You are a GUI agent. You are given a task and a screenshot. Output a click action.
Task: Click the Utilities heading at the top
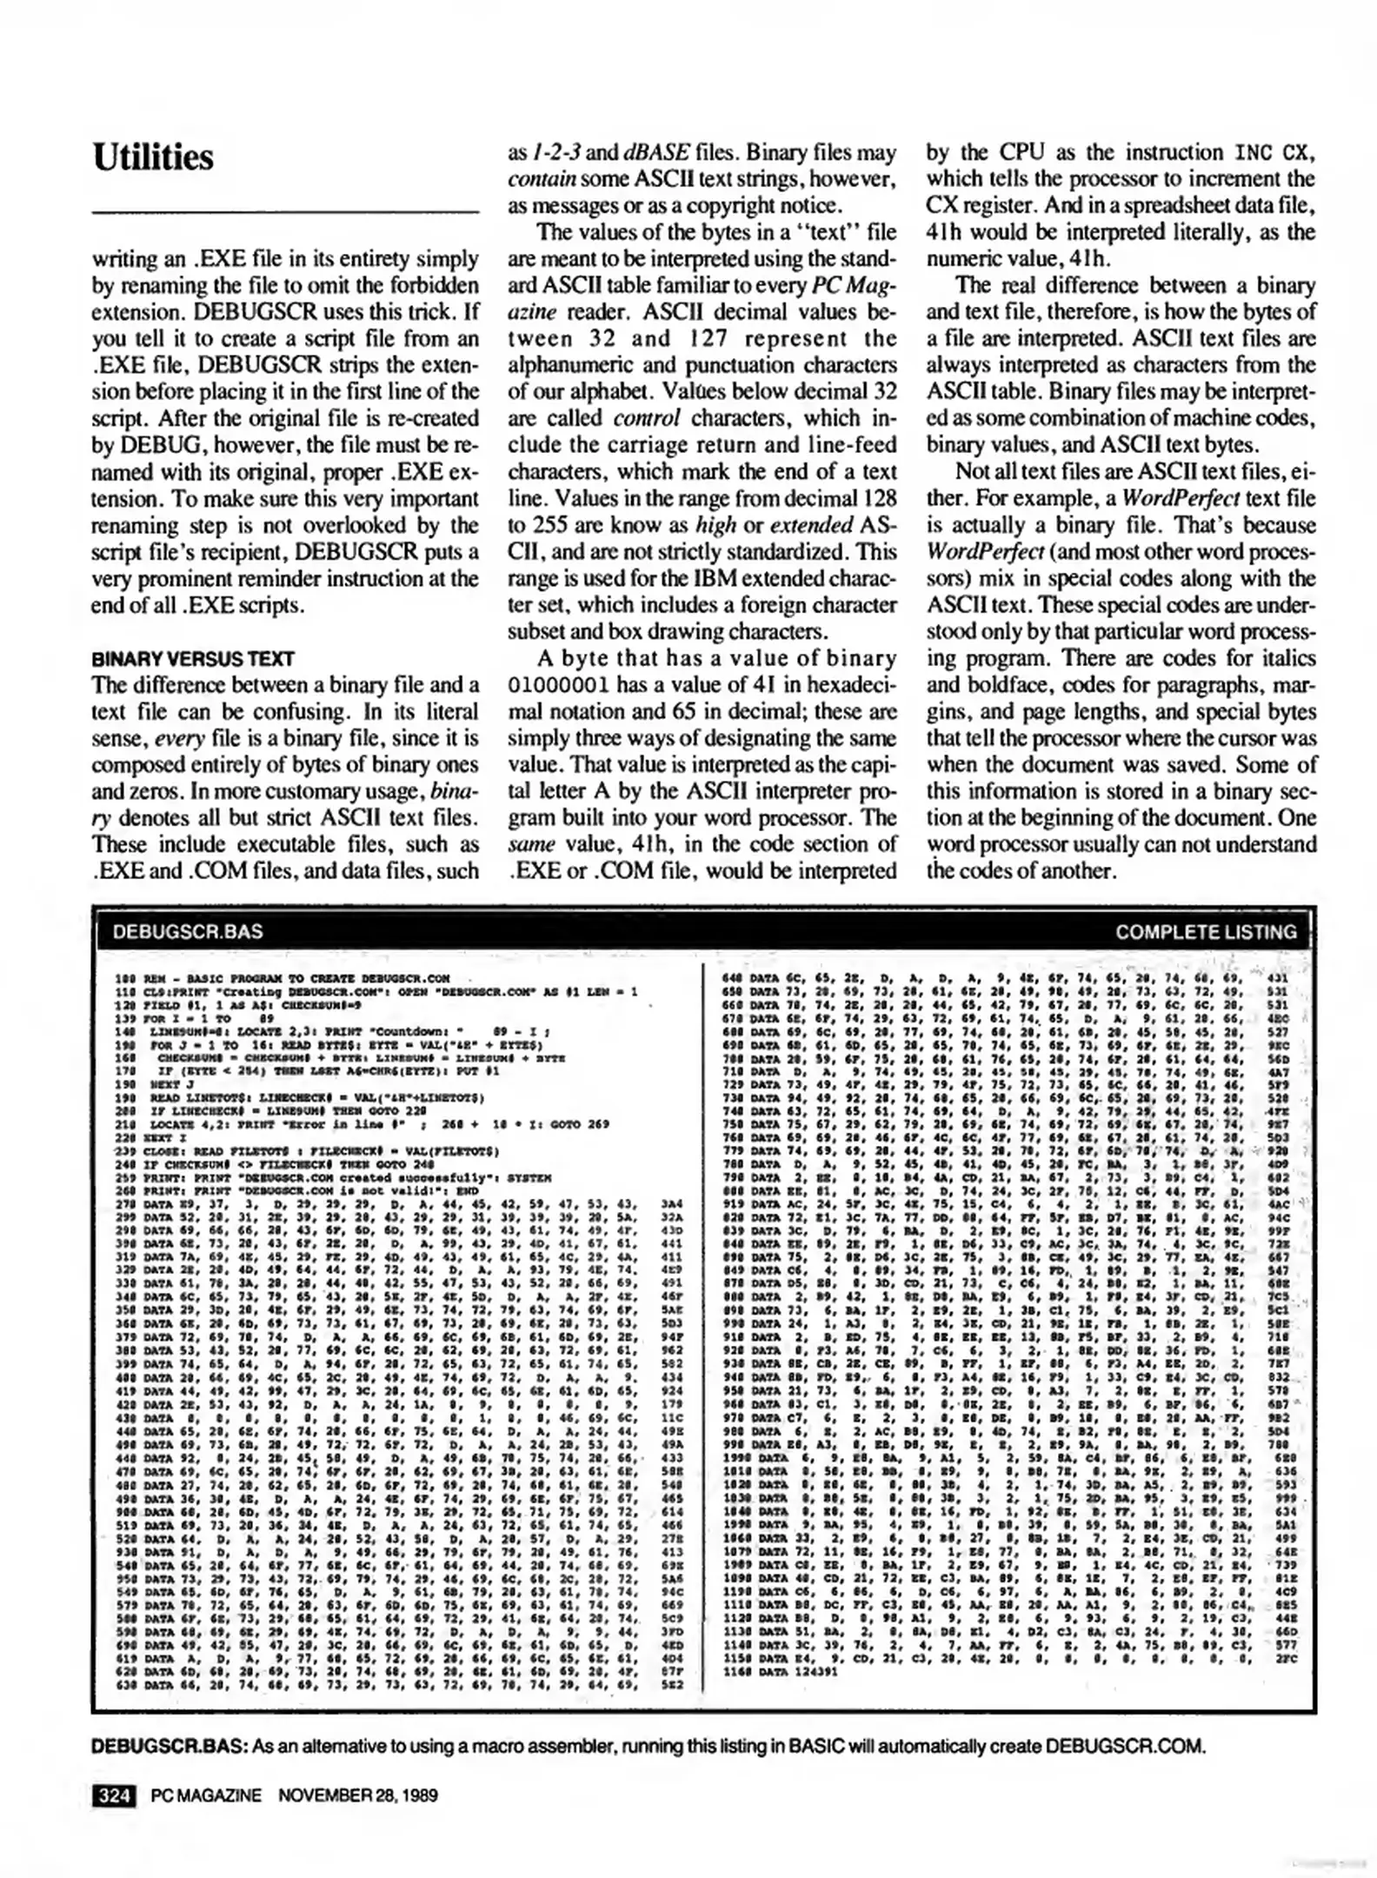click(x=153, y=158)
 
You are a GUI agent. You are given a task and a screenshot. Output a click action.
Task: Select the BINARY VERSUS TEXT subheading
click(x=192, y=658)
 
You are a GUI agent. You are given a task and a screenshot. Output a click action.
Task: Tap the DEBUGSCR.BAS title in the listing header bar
click(x=188, y=932)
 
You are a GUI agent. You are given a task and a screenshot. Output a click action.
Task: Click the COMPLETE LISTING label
click(x=1205, y=932)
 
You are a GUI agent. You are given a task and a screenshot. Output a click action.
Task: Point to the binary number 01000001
click(x=557, y=685)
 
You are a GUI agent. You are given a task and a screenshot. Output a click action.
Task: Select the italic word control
click(x=646, y=418)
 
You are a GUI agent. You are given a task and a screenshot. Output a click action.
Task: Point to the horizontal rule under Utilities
click(x=285, y=212)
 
